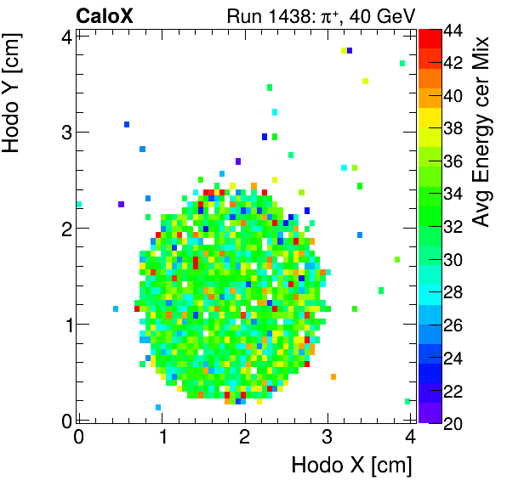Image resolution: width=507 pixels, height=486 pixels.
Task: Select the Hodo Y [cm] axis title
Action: (13, 89)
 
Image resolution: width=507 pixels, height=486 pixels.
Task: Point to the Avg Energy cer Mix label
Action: (482, 132)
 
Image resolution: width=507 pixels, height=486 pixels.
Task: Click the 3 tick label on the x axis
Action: (328, 437)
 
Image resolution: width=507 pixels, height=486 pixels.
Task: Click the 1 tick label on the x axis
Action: (162, 437)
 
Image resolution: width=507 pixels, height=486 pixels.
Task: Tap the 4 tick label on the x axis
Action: (411, 437)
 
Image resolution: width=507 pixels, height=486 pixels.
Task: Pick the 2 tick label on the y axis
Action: (65, 228)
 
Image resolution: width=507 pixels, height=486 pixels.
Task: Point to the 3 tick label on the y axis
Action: (65, 132)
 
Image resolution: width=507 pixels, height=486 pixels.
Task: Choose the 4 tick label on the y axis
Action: (65, 36)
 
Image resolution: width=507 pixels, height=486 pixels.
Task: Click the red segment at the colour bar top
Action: (429, 37)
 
